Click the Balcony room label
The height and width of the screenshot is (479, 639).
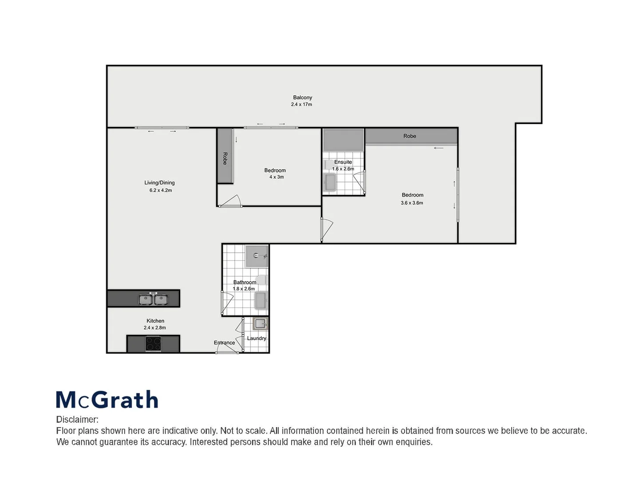pyautogui.click(x=302, y=98)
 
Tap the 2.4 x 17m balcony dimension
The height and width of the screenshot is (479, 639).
pyautogui.click(x=301, y=105)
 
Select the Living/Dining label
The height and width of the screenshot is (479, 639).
pyautogui.click(x=159, y=183)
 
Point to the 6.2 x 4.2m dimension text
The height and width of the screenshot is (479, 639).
pyautogui.click(x=161, y=190)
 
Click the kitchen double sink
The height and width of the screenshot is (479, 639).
pyautogui.click(x=153, y=299)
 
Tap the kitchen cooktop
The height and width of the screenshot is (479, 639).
pyautogui.click(x=154, y=344)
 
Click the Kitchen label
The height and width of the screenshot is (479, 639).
pyautogui.click(x=155, y=321)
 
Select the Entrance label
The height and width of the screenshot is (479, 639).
pyautogui.click(x=224, y=343)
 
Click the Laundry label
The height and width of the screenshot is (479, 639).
pyautogui.click(x=256, y=338)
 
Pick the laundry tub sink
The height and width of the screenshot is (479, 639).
pyautogui.click(x=260, y=324)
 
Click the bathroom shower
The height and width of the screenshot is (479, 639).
pyautogui.click(x=257, y=256)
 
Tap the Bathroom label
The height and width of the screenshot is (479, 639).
pyautogui.click(x=245, y=282)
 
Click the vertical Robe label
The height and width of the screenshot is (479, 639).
pyautogui.click(x=225, y=158)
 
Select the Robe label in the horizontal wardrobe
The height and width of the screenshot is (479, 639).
pyautogui.click(x=410, y=136)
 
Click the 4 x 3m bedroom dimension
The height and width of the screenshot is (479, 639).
pyautogui.click(x=276, y=177)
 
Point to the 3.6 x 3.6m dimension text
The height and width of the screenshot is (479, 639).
pyautogui.click(x=412, y=203)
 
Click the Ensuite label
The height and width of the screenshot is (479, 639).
pyautogui.click(x=343, y=162)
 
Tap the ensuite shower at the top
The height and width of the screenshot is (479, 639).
pyautogui.click(x=343, y=140)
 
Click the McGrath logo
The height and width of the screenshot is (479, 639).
pyautogui.click(x=107, y=400)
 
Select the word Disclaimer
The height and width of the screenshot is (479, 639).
pyautogui.click(x=77, y=420)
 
